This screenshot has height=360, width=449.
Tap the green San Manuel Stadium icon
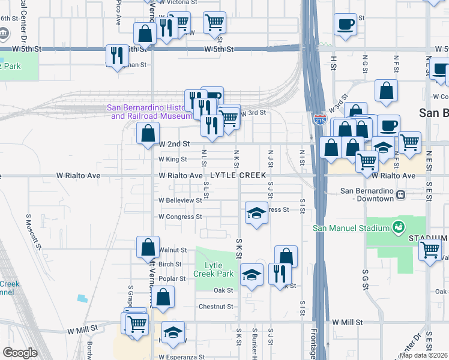[x=397, y=227]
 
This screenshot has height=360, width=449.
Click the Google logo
[x=20, y=353]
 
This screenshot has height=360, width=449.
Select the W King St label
[x=173, y=160]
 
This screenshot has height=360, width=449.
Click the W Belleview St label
[x=180, y=200]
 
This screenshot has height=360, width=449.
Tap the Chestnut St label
[x=215, y=307]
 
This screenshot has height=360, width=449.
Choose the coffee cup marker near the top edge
[x=345, y=25]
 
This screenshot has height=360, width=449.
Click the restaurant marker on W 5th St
[x=116, y=55]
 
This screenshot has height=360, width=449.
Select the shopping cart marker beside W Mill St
[x=137, y=325]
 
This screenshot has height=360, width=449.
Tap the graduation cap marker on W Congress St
[x=256, y=213]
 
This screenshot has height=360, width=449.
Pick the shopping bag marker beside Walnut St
[x=148, y=247]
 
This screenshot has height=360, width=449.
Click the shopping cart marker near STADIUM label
[x=430, y=250]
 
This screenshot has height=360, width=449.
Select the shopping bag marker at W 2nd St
[x=148, y=133]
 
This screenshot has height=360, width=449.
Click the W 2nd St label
[x=175, y=144]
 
